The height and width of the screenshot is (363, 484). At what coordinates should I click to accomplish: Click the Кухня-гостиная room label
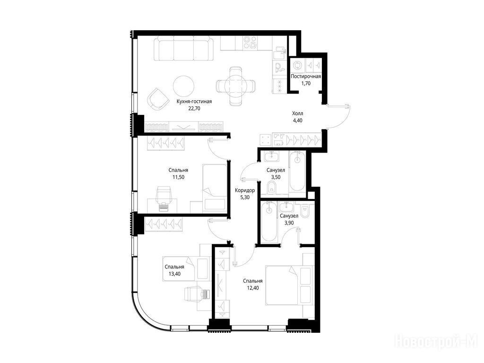(x=194, y=101)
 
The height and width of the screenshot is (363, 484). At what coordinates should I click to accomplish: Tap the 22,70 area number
(x=194, y=108)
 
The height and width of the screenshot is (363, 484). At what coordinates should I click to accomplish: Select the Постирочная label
(x=306, y=76)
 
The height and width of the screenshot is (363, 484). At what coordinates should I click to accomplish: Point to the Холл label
(x=298, y=113)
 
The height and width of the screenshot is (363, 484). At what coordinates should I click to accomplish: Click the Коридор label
(x=245, y=190)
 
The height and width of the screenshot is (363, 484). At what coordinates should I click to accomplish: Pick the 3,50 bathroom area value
(x=276, y=177)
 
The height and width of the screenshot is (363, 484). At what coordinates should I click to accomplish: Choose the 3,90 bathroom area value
(x=289, y=223)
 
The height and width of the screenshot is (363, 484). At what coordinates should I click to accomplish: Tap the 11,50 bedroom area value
(x=178, y=177)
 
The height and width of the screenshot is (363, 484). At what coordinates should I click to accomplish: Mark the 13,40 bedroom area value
(x=174, y=274)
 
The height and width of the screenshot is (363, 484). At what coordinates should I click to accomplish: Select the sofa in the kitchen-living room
(x=184, y=49)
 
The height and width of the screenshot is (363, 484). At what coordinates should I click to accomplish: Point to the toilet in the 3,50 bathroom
(x=272, y=187)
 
